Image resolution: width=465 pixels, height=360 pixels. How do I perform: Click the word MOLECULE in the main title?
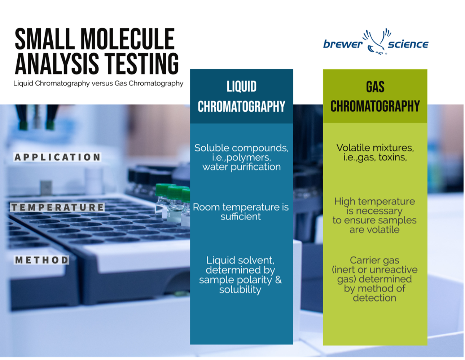pyautogui.click(x=128, y=39)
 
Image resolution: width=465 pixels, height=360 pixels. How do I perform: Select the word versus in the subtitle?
pyautogui.click(x=102, y=83)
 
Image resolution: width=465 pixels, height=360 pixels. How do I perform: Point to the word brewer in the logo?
pyautogui.click(x=343, y=44)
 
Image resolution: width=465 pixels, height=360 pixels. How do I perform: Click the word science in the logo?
pyautogui.click(x=408, y=44)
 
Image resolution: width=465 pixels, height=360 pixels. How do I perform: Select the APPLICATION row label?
pyautogui.click(x=57, y=157)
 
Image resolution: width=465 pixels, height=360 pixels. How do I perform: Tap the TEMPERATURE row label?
pyautogui.click(x=57, y=207)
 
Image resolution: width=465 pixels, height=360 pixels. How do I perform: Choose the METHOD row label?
pyautogui.click(x=41, y=260)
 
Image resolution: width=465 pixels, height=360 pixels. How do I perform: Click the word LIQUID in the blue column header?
pyautogui.click(x=241, y=86)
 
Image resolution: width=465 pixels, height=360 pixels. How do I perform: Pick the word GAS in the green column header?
pyautogui.click(x=375, y=87)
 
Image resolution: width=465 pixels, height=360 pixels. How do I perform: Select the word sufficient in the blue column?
pyautogui.click(x=241, y=217)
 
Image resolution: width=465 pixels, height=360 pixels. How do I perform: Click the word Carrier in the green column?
pyautogui.click(x=365, y=260)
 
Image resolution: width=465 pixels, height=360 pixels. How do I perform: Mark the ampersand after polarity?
pyautogui.click(x=278, y=280)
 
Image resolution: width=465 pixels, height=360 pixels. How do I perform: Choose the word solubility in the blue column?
pyautogui.click(x=240, y=290)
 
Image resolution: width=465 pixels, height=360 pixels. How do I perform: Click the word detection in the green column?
pyautogui.click(x=374, y=298)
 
